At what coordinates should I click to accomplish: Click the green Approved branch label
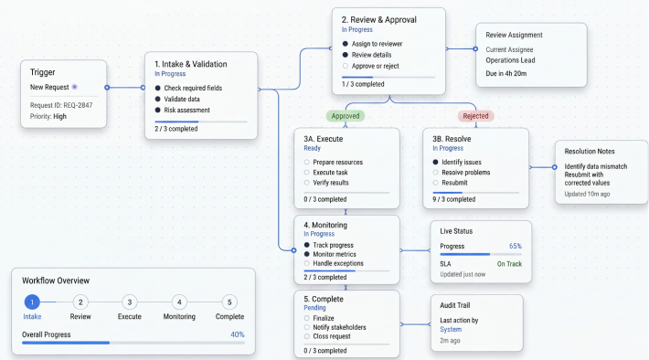point(346,116)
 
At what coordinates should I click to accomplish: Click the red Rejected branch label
point(475,116)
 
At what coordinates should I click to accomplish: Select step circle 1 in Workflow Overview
point(32,302)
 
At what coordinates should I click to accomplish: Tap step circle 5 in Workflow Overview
point(229,302)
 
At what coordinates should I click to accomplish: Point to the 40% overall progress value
point(237,334)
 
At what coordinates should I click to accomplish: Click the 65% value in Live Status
point(516,246)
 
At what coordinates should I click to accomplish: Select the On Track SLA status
point(509,263)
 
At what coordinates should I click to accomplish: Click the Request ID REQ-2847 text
point(61,105)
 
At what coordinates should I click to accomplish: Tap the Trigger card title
point(43,72)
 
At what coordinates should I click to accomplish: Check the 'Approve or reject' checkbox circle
point(346,66)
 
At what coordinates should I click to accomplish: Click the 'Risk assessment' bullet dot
point(158,110)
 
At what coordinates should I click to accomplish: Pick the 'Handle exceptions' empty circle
point(307,263)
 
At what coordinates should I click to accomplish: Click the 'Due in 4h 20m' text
point(506,73)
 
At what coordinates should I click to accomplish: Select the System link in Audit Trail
point(451,329)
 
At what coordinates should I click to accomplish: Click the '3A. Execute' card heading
point(324,139)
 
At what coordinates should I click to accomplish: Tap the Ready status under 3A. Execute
point(312,148)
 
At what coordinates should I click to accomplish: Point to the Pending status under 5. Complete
point(314,308)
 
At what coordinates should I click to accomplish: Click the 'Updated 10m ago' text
point(587,194)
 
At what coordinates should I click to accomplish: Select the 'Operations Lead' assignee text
point(510,60)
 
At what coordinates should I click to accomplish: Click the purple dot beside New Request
point(75,87)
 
